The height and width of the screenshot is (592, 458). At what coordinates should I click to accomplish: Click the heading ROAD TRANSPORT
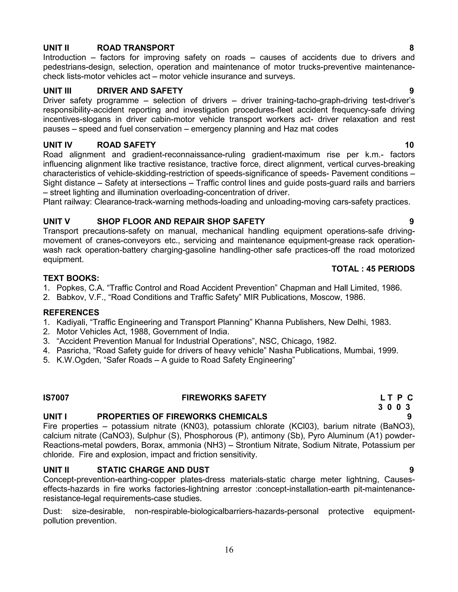click(x=136, y=48)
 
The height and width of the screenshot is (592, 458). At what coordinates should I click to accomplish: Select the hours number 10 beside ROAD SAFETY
click(x=409, y=145)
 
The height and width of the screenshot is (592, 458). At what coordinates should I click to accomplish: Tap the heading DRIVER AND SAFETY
click(x=140, y=90)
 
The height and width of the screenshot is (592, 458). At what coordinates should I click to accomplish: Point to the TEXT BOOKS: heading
click(x=71, y=278)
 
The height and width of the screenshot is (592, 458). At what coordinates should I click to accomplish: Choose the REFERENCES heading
click(x=71, y=313)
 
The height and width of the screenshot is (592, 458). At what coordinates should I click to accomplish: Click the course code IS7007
click(x=56, y=398)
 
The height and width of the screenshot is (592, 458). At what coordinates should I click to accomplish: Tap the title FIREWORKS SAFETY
click(x=224, y=398)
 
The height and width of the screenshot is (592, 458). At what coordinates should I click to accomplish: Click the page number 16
click(x=229, y=550)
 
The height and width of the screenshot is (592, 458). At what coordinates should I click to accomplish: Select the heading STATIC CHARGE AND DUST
click(x=153, y=470)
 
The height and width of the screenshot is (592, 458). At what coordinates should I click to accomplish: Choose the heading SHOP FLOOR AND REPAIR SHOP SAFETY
click(x=181, y=221)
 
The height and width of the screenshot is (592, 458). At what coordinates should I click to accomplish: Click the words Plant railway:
click(x=68, y=202)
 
